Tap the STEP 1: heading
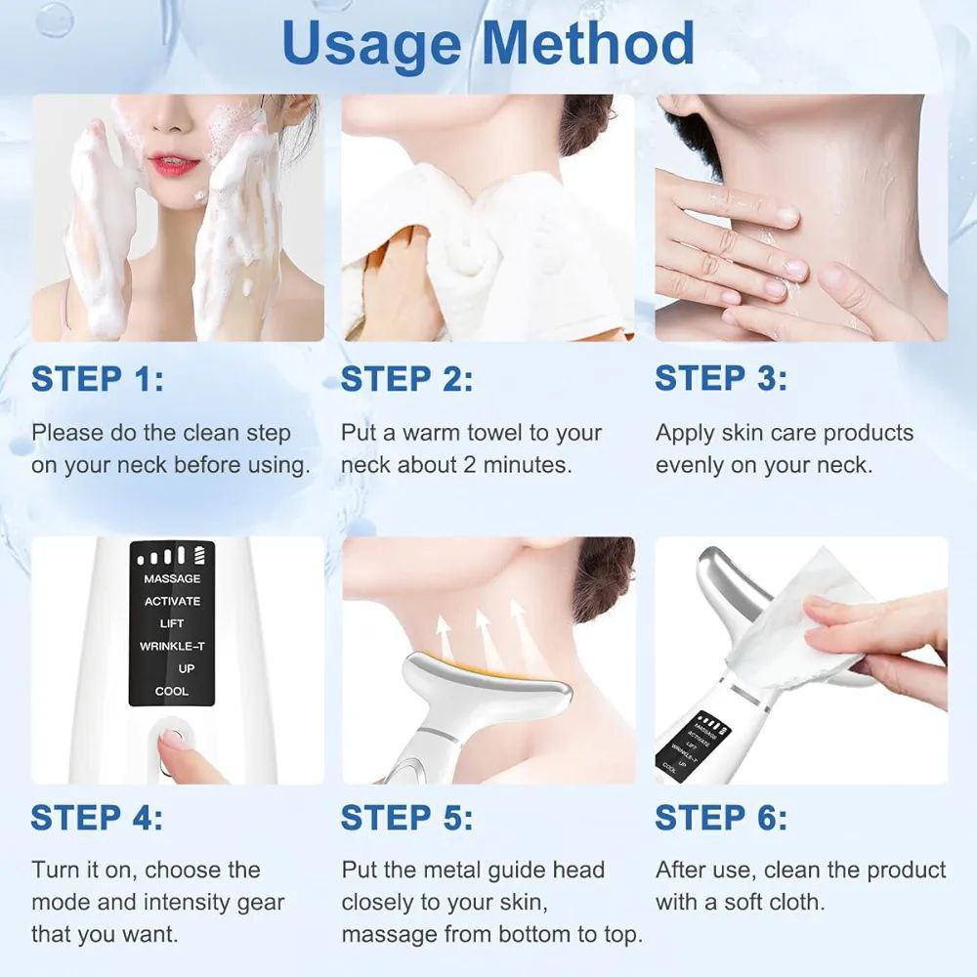pyautogui.click(x=98, y=379)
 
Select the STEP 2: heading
pyautogui.click(x=406, y=379)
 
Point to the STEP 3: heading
pyautogui.click(x=721, y=378)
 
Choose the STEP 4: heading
pyautogui.click(x=97, y=817)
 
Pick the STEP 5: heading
pyautogui.click(x=406, y=817)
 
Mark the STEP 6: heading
pyautogui.click(x=721, y=817)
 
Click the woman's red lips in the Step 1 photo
pyautogui.click(x=175, y=165)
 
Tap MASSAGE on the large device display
pyautogui.click(x=172, y=578)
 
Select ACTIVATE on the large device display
pyautogui.click(x=172, y=601)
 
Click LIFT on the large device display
pyautogui.click(x=172, y=623)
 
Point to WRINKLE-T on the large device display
pyautogui.click(x=172, y=646)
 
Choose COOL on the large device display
pyautogui.click(x=172, y=691)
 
